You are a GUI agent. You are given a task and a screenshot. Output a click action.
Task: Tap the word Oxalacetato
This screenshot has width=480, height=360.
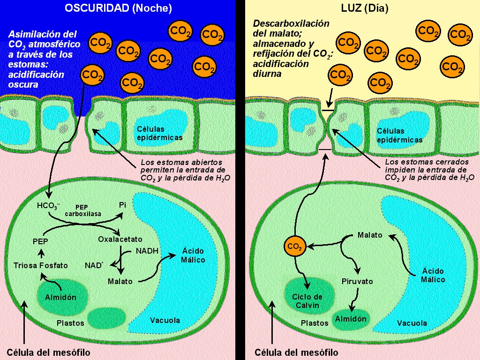pyautogui.click(x=120, y=240)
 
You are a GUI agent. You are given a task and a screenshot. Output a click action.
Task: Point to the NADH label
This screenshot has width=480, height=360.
pyautogui.click(x=147, y=251)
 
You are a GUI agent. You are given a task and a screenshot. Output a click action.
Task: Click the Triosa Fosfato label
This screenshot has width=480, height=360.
pyautogui.click(x=40, y=265)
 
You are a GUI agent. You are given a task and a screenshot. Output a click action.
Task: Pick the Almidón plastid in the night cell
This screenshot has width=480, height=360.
pyautogui.click(x=60, y=296)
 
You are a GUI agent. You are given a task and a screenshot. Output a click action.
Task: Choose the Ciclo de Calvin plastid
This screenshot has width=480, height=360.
pyautogui.click(x=307, y=300)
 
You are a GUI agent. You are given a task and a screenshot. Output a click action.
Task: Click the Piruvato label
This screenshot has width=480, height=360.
pyautogui.click(x=357, y=282)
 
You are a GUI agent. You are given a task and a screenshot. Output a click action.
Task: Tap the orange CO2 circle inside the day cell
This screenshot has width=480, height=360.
pyautogui.click(x=294, y=246)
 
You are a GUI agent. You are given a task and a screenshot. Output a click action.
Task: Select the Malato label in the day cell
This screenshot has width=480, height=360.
pyautogui.click(x=370, y=235)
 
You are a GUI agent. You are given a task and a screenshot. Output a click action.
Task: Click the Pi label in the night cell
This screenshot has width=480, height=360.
pyautogui.click(x=123, y=205)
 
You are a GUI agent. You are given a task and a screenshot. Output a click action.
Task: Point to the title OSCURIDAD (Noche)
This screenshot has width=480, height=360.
pyautogui.click(x=118, y=8)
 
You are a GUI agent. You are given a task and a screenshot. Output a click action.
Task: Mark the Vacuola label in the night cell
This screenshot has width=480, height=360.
pyautogui.click(x=165, y=321)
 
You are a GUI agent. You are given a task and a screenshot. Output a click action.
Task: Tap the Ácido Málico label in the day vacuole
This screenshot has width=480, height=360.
pyautogui.click(x=432, y=275)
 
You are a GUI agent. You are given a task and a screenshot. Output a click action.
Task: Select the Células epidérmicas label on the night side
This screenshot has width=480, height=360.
pyautogui.click(x=159, y=133)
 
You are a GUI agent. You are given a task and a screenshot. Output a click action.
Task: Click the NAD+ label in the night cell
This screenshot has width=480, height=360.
pyautogui.click(x=94, y=265)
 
